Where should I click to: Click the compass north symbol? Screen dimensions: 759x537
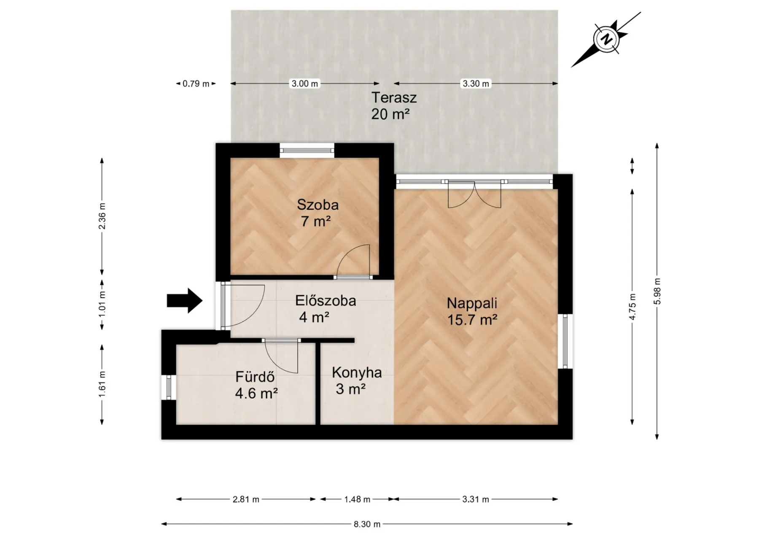606,39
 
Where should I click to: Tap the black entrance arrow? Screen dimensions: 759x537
185,301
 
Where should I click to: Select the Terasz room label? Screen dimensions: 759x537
394,97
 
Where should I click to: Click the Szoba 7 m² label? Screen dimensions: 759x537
318,213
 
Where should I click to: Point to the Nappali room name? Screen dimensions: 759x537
472,303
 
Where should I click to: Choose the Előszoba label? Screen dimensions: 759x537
326,301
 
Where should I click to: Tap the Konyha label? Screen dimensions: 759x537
357,372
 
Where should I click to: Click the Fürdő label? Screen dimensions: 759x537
255,376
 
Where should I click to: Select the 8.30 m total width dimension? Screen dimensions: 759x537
367,524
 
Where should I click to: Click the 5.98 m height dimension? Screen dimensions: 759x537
657,291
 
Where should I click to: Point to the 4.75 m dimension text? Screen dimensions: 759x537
632,307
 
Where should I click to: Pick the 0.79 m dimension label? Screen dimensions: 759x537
196,84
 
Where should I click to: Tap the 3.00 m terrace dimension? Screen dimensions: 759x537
305,84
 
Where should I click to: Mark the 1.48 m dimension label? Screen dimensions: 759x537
357,499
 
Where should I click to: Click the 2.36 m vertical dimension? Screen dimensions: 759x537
102,216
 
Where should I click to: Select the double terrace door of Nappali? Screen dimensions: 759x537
474,194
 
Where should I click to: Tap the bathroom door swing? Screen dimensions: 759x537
281,356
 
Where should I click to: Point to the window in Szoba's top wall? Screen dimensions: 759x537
307,151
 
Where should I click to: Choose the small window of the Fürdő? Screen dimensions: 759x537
169,387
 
